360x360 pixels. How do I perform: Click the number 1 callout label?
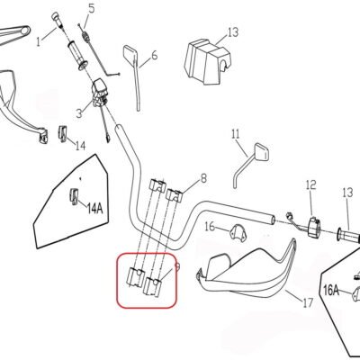coord(39,41)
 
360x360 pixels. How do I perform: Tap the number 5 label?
coord(91,8)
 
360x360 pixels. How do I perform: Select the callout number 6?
coord(154,55)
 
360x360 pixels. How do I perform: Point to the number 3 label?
coord(79,113)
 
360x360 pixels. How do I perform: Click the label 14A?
coord(94,208)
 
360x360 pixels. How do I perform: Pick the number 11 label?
coord(236,133)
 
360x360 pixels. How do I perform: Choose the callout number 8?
coord(203,179)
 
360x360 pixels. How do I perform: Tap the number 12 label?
coord(311,184)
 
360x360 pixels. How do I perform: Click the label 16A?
coord(331,290)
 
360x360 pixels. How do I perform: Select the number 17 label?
coord(308,302)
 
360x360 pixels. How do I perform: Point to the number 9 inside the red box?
coord(176,266)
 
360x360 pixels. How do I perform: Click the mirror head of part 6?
coord(130,54)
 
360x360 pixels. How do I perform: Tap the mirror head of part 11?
coord(261,152)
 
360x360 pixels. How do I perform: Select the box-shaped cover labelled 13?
coord(208,61)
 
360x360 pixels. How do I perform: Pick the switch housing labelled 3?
coord(99,93)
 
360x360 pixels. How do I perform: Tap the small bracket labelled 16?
coord(238,233)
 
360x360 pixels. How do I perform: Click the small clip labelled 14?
coord(62,133)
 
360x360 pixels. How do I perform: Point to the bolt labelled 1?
coord(57,20)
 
